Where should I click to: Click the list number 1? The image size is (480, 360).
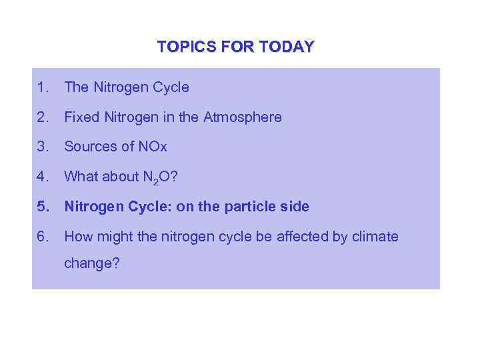click(43, 87)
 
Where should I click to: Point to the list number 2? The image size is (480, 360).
click(43, 117)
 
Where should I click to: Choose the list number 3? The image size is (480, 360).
click(43, 147)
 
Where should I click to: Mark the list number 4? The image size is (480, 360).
click(43, 177)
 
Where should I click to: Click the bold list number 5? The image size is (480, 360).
click(43, 207)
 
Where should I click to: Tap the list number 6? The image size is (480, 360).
click(43, 237)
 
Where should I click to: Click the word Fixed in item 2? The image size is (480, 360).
click(80, 117)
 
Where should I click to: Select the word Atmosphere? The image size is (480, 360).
click(243, 117)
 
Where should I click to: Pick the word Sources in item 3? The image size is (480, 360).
click(89, 147)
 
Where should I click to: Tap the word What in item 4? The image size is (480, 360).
click(80, 177)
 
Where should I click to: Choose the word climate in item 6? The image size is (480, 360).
click(375, 237)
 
